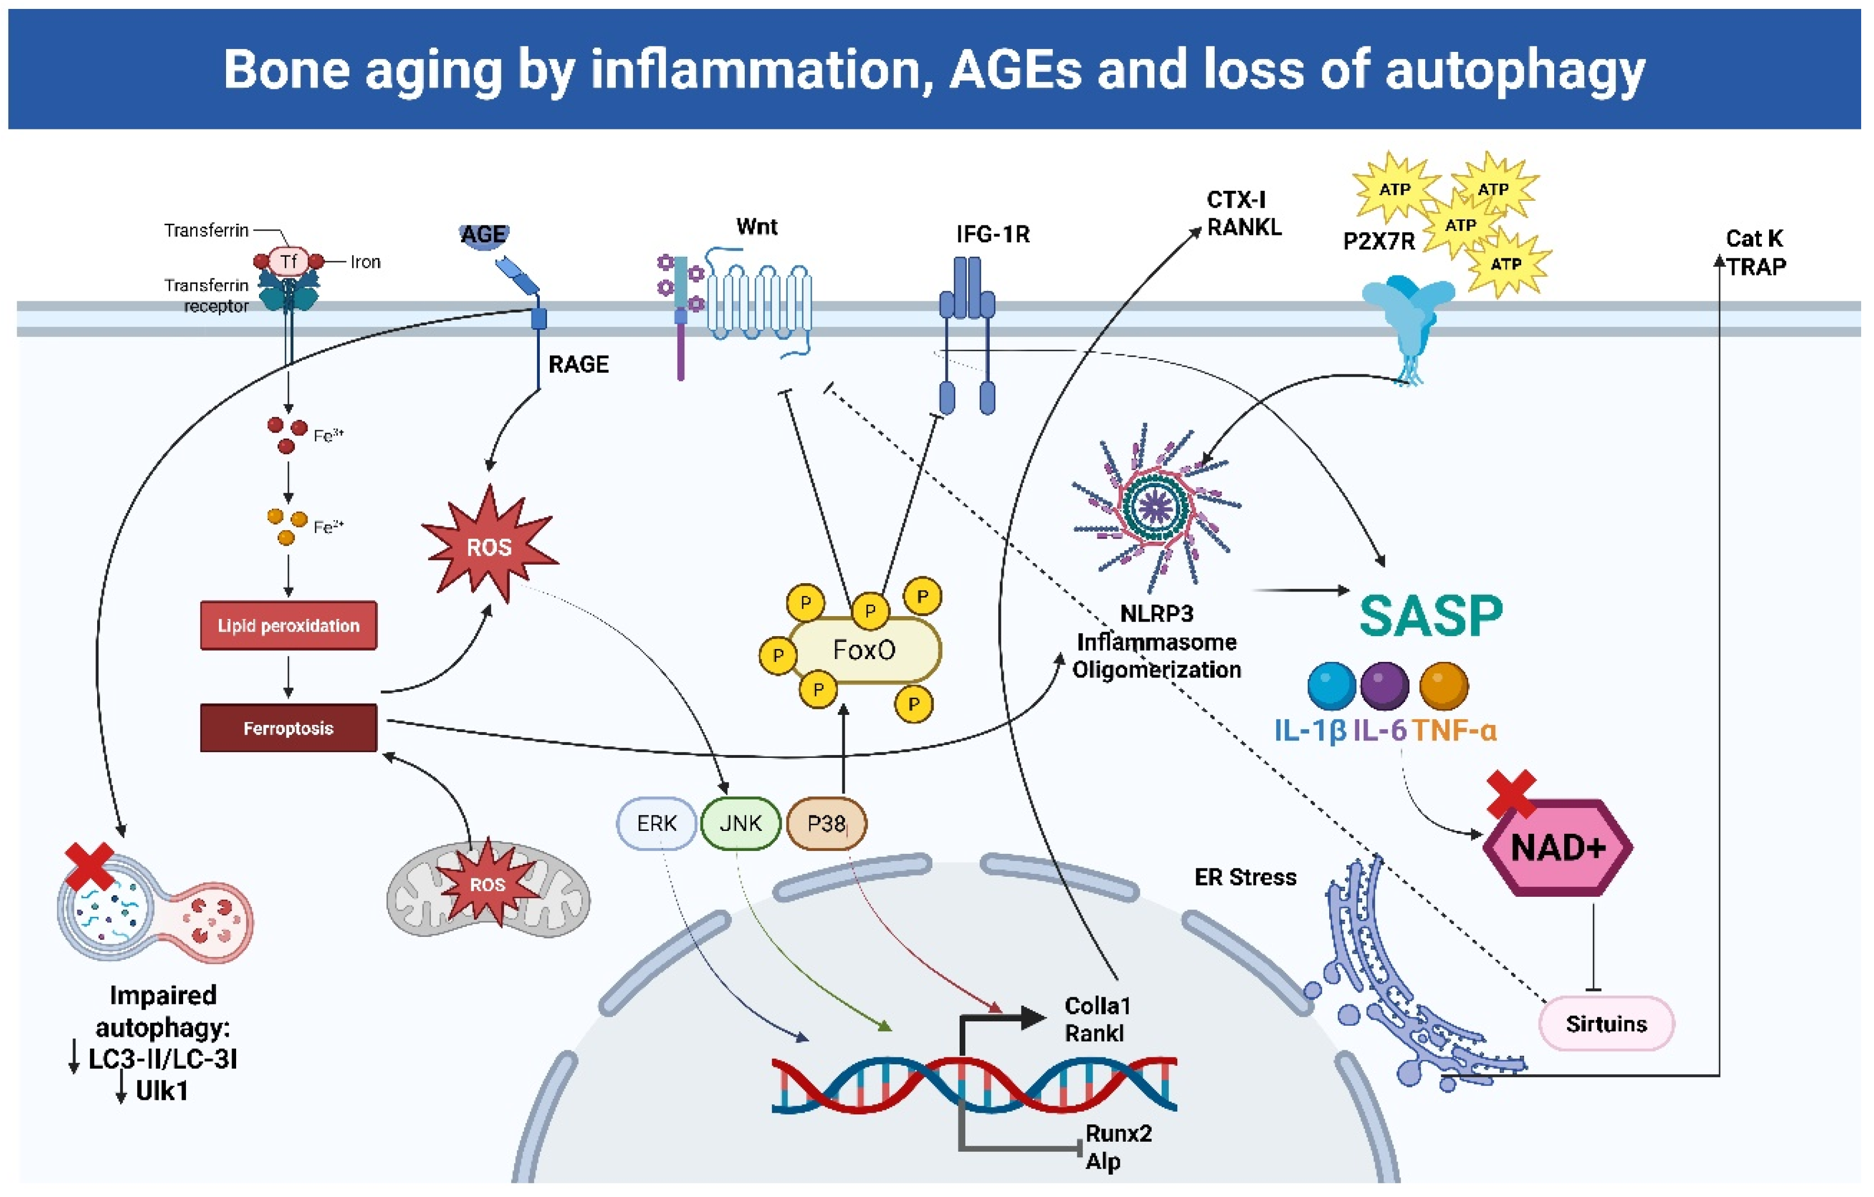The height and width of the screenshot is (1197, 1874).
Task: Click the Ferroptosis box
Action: click(x=289, y=728)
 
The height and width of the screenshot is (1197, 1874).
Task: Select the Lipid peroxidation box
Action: click(x=289, y=626)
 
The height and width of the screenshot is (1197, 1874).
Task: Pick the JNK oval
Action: click(x=740, y=824)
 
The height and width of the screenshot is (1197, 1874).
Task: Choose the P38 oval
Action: click(x=827, y=824)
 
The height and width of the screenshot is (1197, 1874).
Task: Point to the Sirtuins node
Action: click(x=1606, y=1023)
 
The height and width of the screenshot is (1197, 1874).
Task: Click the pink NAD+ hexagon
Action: click(x=1558, y=848)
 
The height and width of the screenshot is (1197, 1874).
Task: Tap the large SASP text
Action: click(x=1430, y=616)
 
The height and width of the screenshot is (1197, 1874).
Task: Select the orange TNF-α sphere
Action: click(x=1444, y=686)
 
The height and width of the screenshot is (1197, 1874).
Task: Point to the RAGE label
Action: click(x=578, y=364)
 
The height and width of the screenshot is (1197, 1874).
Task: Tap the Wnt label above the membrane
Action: click(x=756, y=227)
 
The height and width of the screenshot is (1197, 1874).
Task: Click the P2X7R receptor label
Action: click(x=1378, y=241)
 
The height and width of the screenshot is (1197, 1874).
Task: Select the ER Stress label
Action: click(x=1245, y=877)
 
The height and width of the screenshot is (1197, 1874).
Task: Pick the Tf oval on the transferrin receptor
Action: click(x=289, y=261)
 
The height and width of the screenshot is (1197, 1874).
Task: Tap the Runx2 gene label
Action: click(x=1118, y=1133)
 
